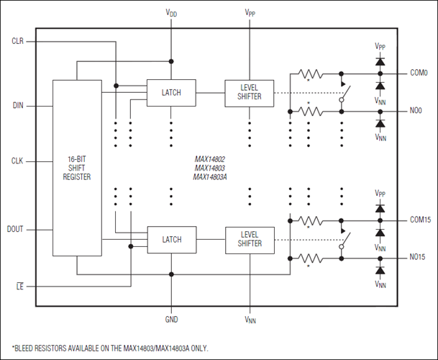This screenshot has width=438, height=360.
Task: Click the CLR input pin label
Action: click(x=17, y=41)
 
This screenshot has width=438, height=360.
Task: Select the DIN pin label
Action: click(x=18, y=106)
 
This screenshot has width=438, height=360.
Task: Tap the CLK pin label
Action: click(x=17, y=161)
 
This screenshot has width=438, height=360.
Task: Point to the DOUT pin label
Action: click(x=15, y=230)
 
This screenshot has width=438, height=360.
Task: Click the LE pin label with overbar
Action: click(x=20, y=287)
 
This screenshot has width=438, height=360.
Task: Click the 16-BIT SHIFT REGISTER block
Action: click(x=77, y=168)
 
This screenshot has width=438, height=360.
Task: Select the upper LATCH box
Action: click(x=171, y=93)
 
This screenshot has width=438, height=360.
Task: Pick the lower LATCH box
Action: click(x=172, y=240)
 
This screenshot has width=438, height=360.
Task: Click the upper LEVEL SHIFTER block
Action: click(x=249, y=93)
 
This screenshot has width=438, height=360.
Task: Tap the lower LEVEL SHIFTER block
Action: click(x=250, y=240)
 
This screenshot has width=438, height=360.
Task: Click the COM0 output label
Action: click(x=419, y=73)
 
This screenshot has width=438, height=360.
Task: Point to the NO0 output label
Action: click(x=416, y=111)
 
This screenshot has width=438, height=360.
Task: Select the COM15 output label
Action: click(x=421, y=220)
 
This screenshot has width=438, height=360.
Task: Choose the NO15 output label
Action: click(x=417, y=257)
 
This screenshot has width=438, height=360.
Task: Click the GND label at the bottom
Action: click(x=171, y=320)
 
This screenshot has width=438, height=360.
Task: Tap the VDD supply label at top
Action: click(x=171, y=13)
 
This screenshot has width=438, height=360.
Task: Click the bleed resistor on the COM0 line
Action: click(x=311, y=74)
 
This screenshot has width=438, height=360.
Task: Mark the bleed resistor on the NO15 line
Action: click(x=311, y=258)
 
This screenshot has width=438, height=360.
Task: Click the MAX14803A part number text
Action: click(x=210, y=177)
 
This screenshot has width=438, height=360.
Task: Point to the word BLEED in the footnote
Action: click(x=24, y=348)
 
